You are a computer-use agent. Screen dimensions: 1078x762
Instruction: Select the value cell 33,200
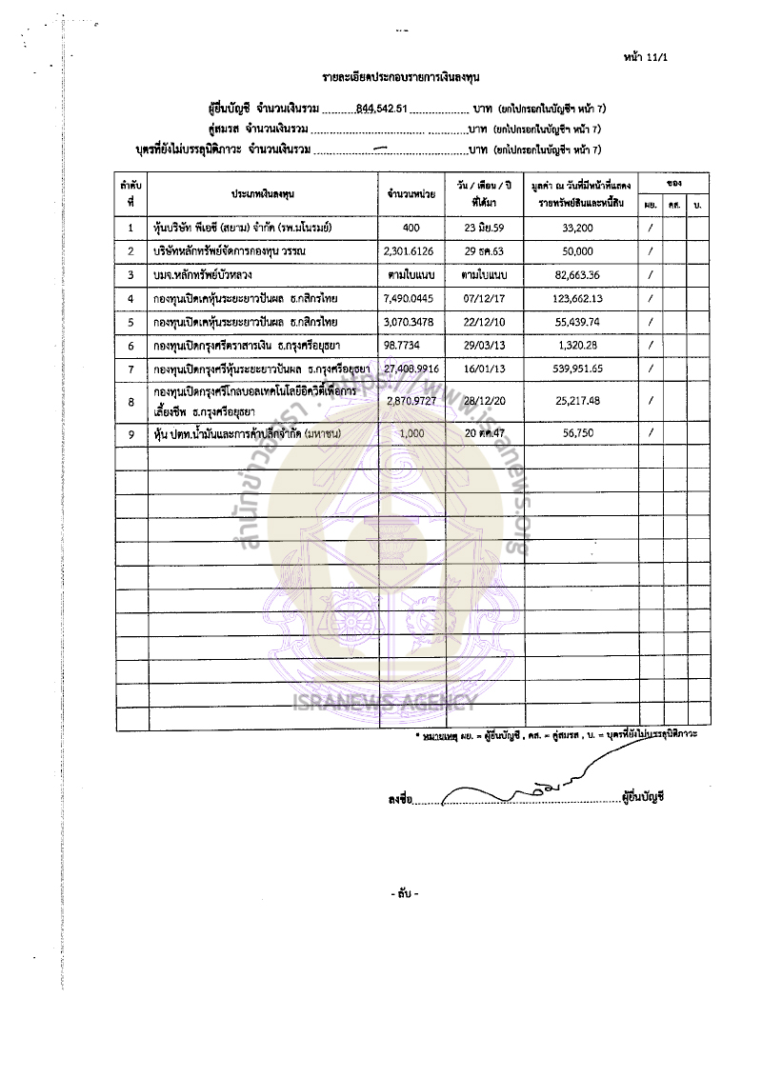coord(580,228)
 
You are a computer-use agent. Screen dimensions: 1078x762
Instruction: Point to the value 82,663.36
coord(580,274)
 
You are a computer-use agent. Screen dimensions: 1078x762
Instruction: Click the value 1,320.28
coord(580,345)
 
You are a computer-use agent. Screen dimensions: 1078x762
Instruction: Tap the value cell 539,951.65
coord(580,369)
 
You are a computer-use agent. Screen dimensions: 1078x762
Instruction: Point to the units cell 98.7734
coord(404,345)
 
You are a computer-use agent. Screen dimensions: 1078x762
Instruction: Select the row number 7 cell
coord(130,369)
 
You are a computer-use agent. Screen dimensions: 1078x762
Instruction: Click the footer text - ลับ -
coord(404,893)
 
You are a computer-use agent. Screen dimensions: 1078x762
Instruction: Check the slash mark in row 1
coord(650,228)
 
